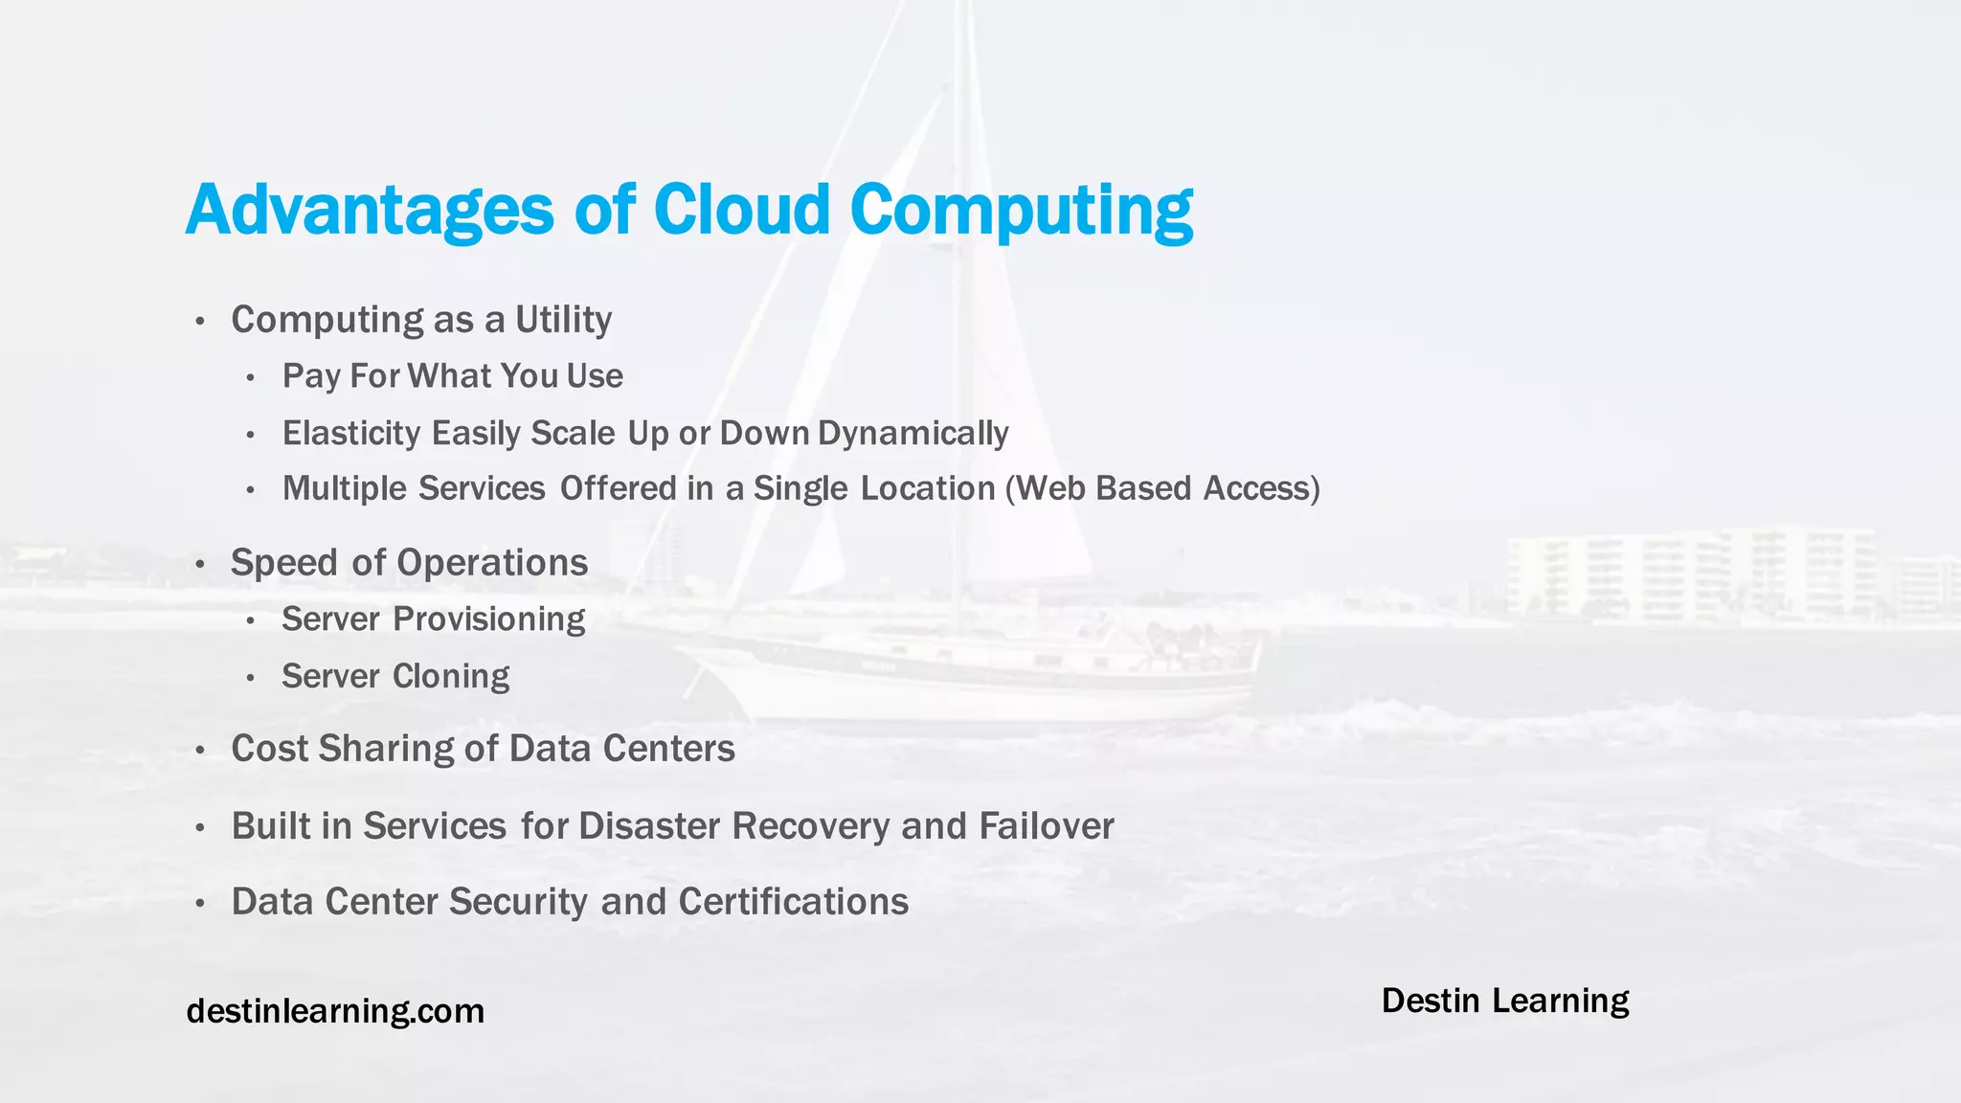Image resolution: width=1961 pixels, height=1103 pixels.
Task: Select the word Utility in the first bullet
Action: click(563, 320)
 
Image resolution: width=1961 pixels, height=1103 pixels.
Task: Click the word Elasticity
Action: click(351, 433)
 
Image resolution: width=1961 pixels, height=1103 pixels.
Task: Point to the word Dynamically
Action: click(913, 433)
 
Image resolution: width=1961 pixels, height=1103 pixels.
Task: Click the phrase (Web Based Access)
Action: click(1162, 488)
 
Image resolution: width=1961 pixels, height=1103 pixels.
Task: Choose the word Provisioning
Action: click(488, 619)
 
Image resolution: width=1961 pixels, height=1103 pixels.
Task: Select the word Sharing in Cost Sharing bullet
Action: click(385, 749)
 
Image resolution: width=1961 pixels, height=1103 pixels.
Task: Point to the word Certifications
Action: click(793, 902)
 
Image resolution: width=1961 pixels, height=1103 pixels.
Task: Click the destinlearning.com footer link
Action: click(335, 1011)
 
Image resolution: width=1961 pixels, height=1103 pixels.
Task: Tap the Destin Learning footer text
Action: click(1504, 1001)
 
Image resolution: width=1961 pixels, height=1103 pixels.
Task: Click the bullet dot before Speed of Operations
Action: click(199, 564)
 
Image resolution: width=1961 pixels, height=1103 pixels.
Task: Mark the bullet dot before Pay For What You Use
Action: click(250, 378)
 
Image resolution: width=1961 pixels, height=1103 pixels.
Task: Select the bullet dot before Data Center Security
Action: click(199, 903)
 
